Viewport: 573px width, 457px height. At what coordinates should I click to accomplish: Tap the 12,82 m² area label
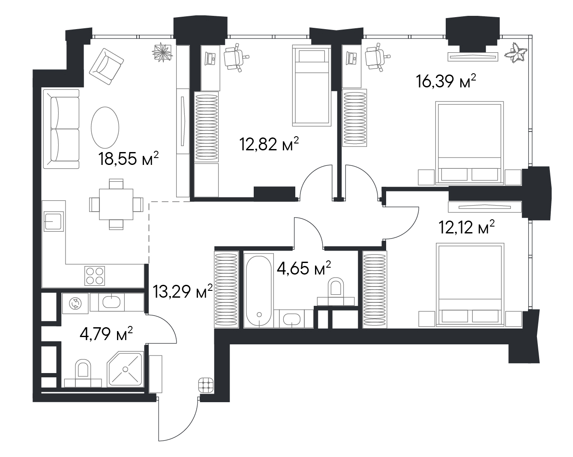(269, 144)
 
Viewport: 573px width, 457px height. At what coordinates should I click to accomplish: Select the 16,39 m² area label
(446, 81)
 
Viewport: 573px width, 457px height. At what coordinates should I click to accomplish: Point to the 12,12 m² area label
(466, 227)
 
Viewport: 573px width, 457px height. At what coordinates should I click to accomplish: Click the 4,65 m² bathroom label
(304, 268)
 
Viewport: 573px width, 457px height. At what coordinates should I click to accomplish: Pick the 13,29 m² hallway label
(183, 291)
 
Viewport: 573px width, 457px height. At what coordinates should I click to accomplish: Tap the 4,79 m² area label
(106, 334)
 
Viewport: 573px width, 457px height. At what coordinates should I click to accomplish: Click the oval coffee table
(105, 128)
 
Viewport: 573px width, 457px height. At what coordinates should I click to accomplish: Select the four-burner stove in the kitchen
(95, 276)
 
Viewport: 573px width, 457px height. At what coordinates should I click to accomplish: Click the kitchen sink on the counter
(54, 221)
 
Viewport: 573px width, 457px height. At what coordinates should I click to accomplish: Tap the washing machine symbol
(75, 303)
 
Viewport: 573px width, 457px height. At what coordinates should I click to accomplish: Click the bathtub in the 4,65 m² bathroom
(259, 290)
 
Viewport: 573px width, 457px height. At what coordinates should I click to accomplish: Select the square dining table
(116, 204)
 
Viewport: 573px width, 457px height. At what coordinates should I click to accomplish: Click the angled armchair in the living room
(106, 66)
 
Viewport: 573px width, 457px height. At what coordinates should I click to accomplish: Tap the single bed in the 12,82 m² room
(312, 85)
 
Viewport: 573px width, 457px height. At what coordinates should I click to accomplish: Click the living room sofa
(61, 129)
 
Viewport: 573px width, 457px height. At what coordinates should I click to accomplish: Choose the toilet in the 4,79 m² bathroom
(83, 373)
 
